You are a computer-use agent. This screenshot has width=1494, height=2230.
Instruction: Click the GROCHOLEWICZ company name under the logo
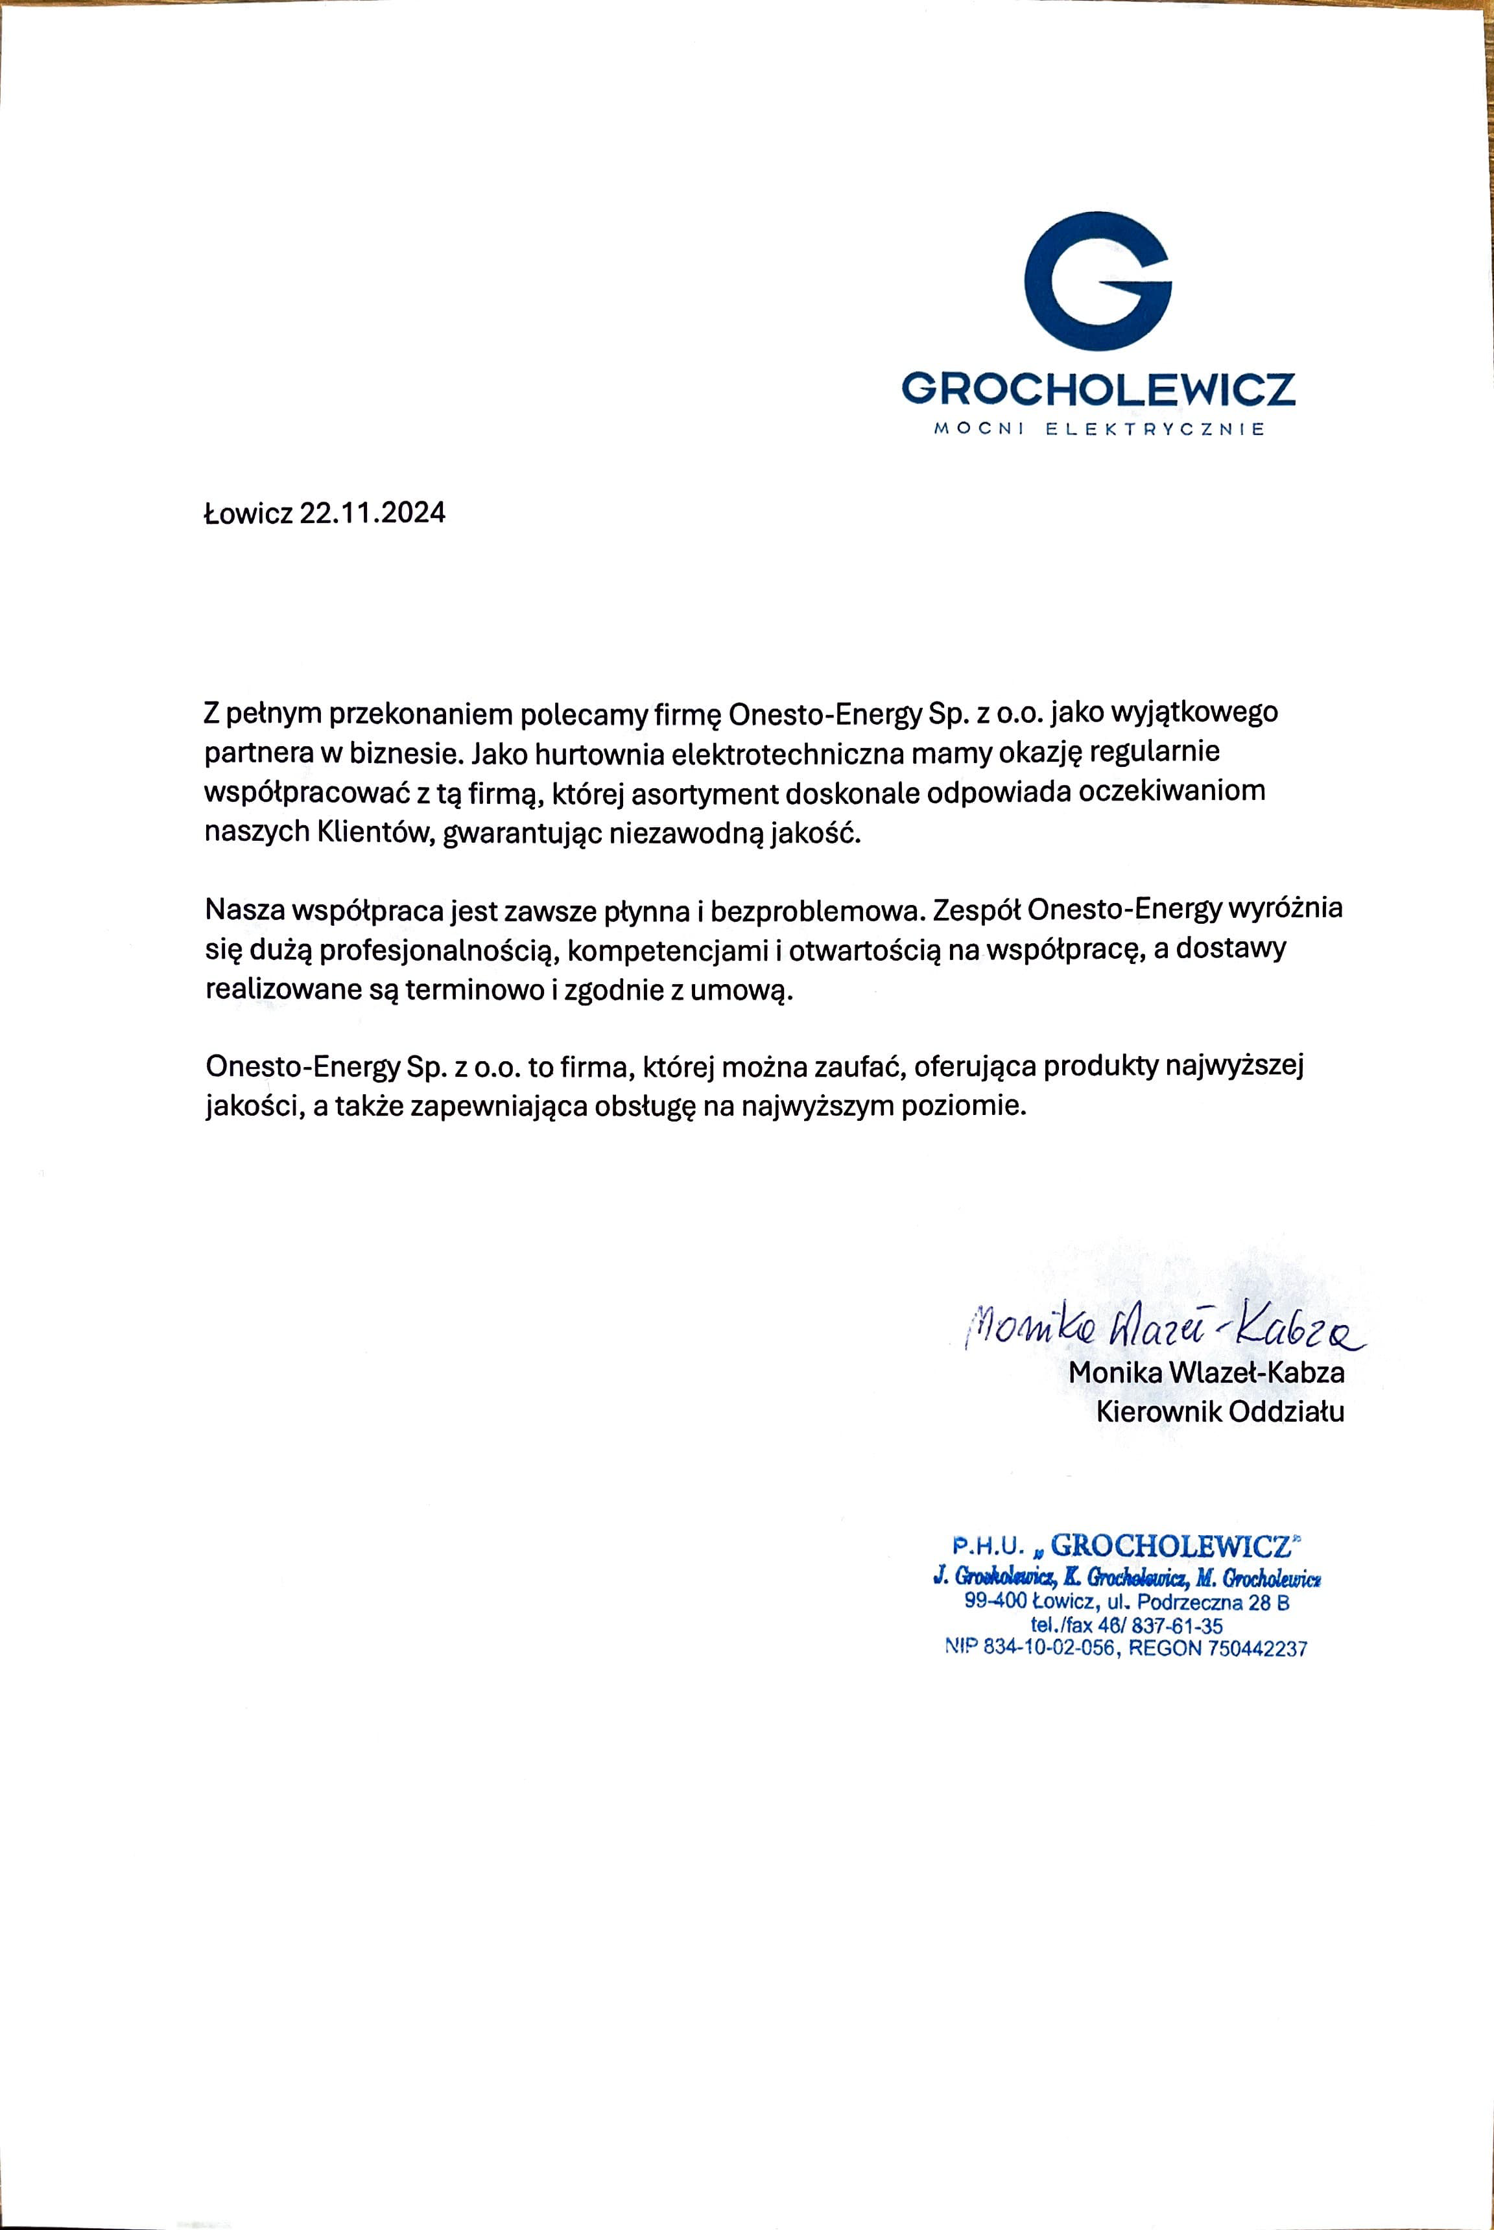[x=1098, y=389]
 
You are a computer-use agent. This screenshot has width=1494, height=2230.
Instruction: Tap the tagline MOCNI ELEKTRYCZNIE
[x=1098, y=430]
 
